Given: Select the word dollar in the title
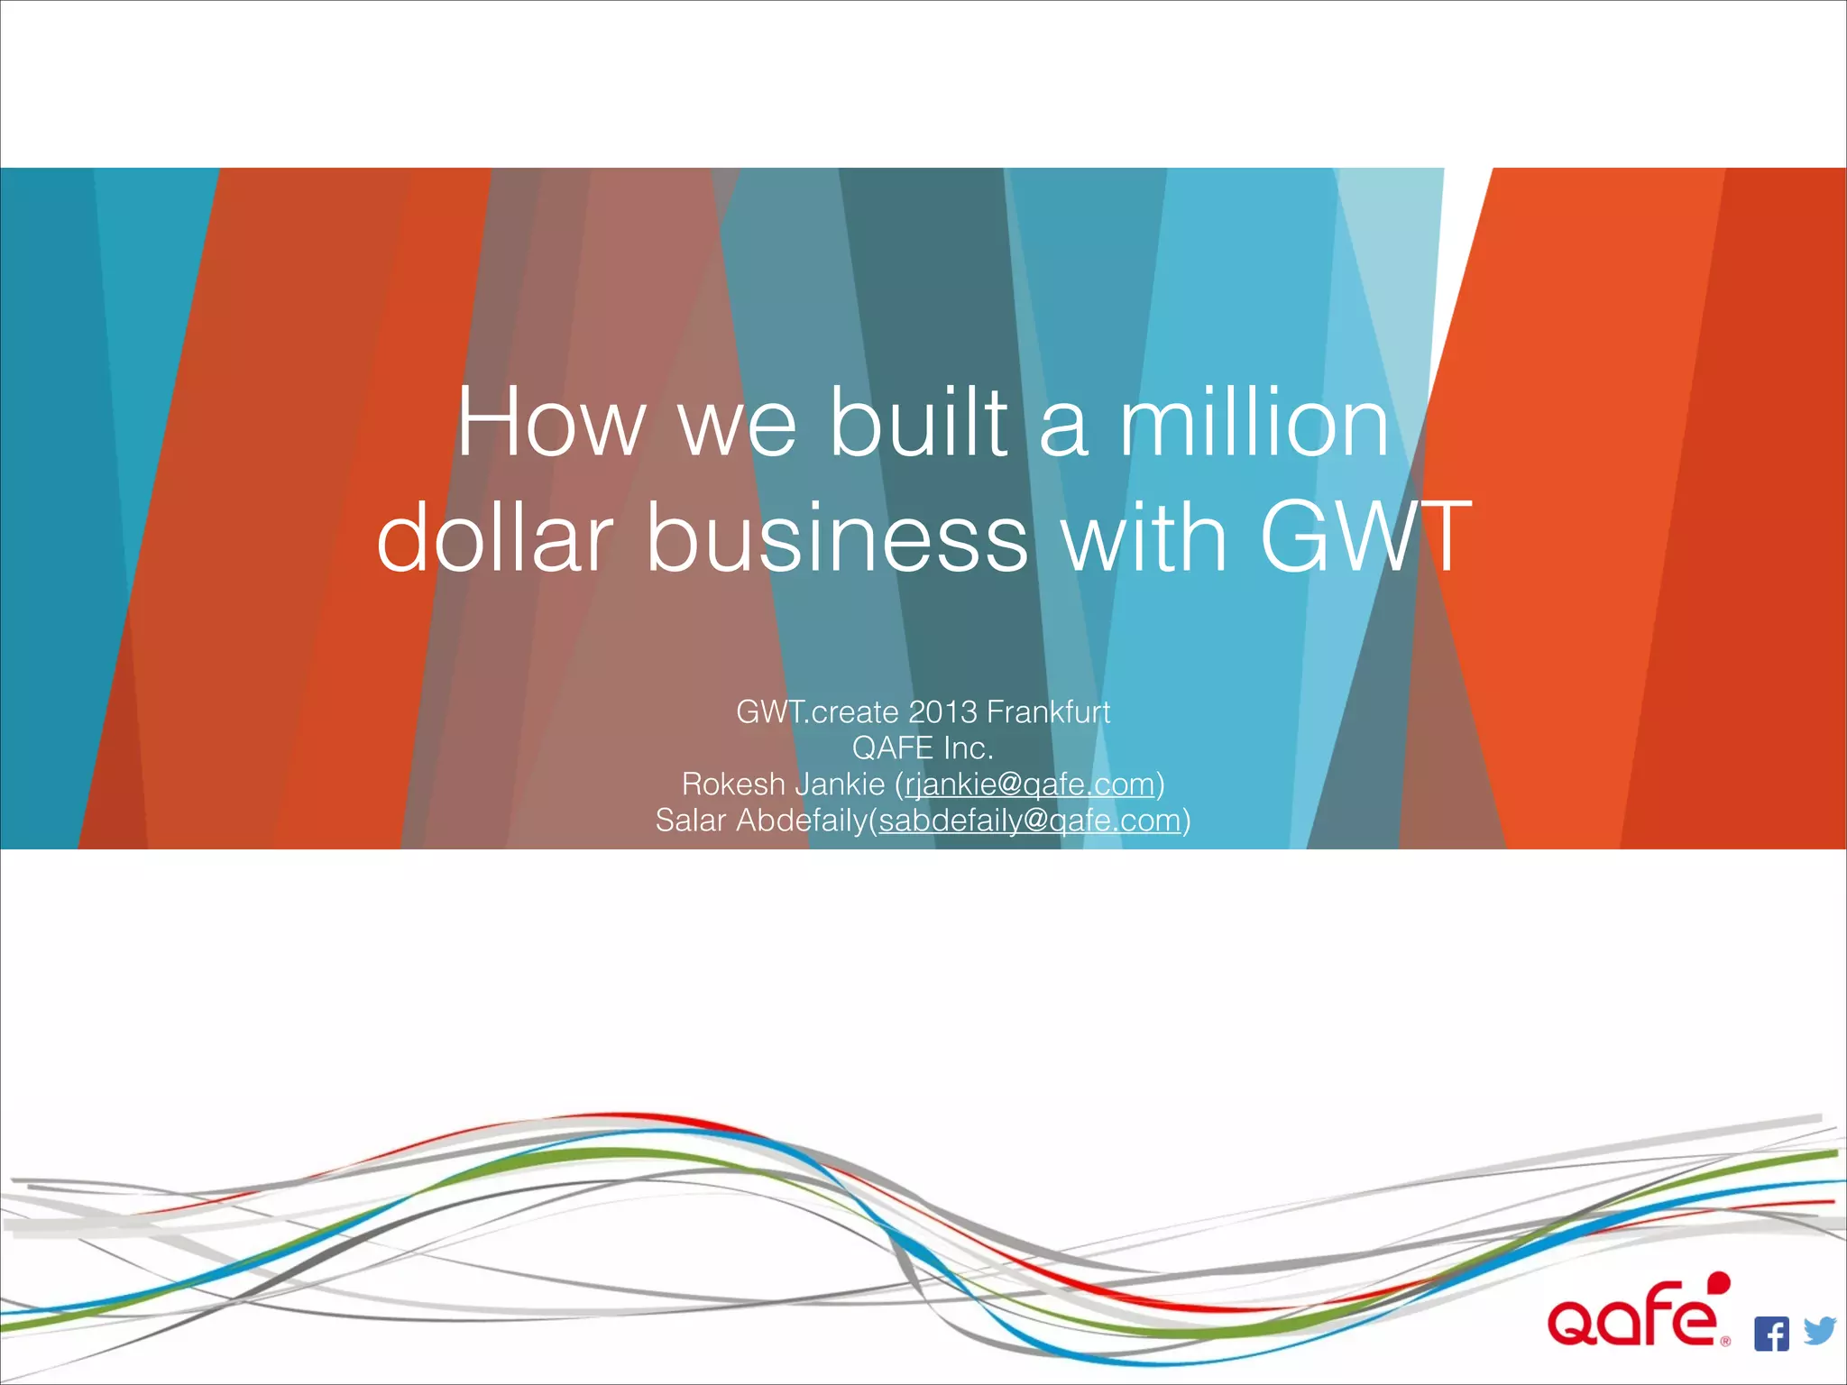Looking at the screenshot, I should pyautogui.click(x=495, y=538).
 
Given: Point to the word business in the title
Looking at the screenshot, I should pyautogui.click(x=836, y=538).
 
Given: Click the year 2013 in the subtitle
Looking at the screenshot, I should pyautogui.click(x=942, y=712).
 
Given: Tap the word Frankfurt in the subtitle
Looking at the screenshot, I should pyautogui.click(x=1048, y=712).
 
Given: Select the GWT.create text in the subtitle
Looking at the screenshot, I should pyautogui.click(x=817, y=712).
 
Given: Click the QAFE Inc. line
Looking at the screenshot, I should pyautogui.click(x=923, y=748).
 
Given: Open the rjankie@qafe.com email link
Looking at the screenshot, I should pyautogui.click(x=1030, y=785).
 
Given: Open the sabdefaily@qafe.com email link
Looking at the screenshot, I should pyautogui.click(x=1030, y=821).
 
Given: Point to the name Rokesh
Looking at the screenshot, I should pyautogui.click(x=733, y=784).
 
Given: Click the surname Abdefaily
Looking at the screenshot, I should pyautogui.click(x=801, y=821).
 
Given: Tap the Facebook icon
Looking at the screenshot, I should pyautogui.click(x=1771, y=1334).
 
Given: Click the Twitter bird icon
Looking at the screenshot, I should pyautogui.click(x=1819, y=1331).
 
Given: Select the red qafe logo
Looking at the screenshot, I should pyautogui.click(x=1632, y=1321).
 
